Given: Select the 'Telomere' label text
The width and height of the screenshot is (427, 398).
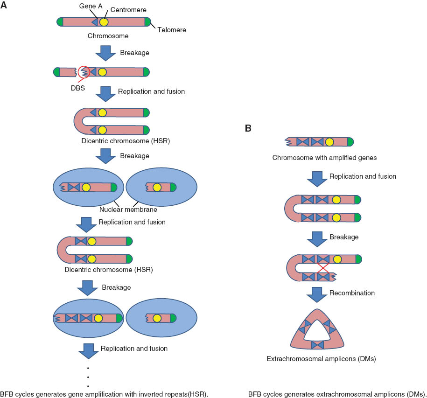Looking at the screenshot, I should (x=171, y=30).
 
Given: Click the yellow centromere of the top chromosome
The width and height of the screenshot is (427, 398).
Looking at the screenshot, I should (x=104, y=22).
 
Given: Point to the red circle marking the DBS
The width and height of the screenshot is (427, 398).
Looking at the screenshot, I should (x=84, y=72).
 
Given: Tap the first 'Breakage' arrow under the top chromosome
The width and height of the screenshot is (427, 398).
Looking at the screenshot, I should (x=105, y=53).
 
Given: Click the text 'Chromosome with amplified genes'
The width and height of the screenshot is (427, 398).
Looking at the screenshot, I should (x=324, y=158).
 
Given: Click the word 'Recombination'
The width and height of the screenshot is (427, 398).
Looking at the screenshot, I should (x=352, y=293).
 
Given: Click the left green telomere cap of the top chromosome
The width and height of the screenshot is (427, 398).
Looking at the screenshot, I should (x=60, y=22).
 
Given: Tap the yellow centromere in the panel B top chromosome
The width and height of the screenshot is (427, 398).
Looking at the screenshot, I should (x=329, y=141).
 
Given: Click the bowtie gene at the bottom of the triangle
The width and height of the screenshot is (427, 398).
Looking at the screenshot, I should (x=317, y=345).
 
